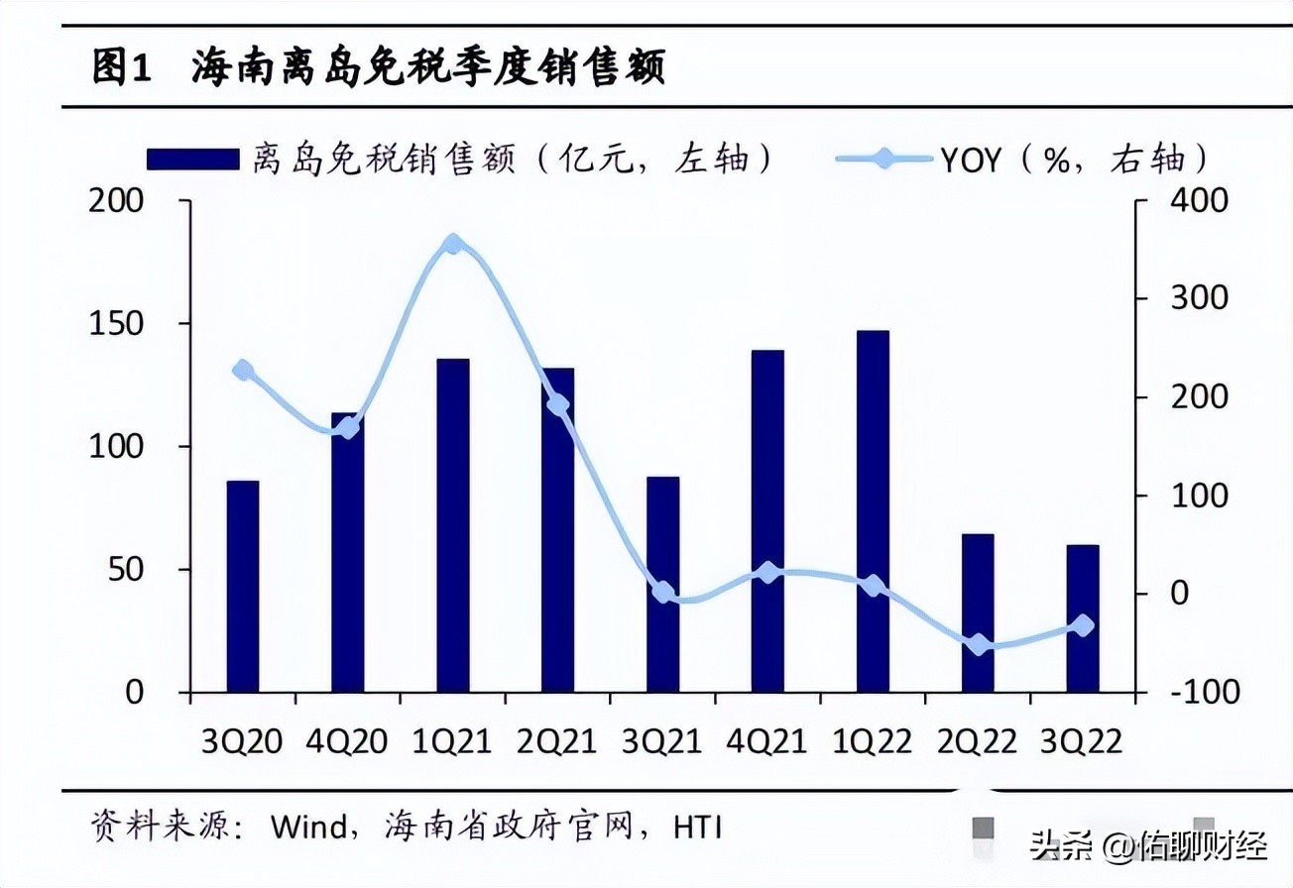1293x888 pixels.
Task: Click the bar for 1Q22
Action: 873,511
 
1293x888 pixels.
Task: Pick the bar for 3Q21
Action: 663,585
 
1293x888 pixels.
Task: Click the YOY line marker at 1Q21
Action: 453,244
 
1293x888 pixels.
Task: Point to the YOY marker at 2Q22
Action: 979,645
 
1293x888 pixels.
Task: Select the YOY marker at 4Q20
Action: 348,428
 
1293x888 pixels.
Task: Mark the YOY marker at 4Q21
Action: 767,572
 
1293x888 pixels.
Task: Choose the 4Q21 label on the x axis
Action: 767,741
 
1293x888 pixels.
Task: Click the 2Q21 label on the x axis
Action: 557,741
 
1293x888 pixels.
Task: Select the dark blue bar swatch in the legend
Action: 192,159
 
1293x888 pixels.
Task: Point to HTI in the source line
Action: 697,826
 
